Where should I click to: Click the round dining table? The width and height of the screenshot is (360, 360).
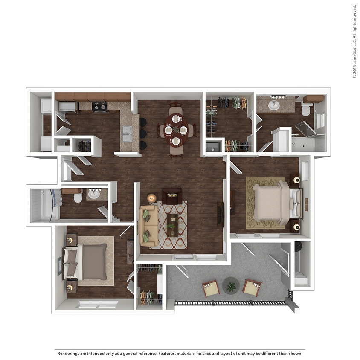(x=175, y=130)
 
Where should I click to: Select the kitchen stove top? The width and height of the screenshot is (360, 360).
(x=100, y=106)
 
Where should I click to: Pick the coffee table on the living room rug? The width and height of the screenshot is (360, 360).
(x=172, y=225)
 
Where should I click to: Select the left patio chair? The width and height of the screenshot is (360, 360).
(x=211, y=289)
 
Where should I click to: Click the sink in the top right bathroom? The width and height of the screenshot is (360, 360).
(x=274, y=105)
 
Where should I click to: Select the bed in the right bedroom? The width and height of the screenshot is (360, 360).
(x=273, y=202)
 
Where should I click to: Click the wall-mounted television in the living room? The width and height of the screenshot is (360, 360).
(x=221, y=213)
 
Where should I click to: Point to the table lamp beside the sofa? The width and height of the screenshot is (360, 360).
(x=151, y=198)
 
